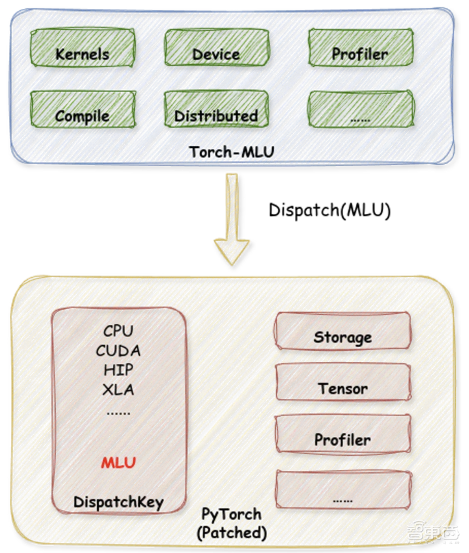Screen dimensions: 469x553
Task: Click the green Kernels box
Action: (83, 47)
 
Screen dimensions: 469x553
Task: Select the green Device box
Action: (217, 47)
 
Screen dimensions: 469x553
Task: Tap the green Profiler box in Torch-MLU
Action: (361, 47)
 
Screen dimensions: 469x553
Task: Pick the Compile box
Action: (83, 109)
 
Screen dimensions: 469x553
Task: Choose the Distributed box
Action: (217, 109)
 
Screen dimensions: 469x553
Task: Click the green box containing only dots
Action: (361, 109)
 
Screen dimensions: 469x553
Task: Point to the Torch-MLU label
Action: (232, 152)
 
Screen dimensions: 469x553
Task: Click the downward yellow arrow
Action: (232, 219)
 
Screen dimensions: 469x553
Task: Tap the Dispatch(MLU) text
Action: (330, 210)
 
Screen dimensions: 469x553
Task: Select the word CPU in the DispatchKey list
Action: (119, 331)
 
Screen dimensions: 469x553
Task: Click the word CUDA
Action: (119, 350)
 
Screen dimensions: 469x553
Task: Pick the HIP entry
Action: (119, 370)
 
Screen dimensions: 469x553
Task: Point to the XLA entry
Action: (119, 390)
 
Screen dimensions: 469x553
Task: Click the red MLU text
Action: (119, 463)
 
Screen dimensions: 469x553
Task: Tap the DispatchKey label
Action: (119, 502)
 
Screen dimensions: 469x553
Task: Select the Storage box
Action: (343, 331)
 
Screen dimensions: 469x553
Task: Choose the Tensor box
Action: (343, 382)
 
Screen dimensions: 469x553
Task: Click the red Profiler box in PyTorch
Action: (343, 433)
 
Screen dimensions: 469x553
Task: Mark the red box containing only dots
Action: (343, 489)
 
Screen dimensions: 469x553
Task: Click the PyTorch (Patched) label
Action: (232, 524)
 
